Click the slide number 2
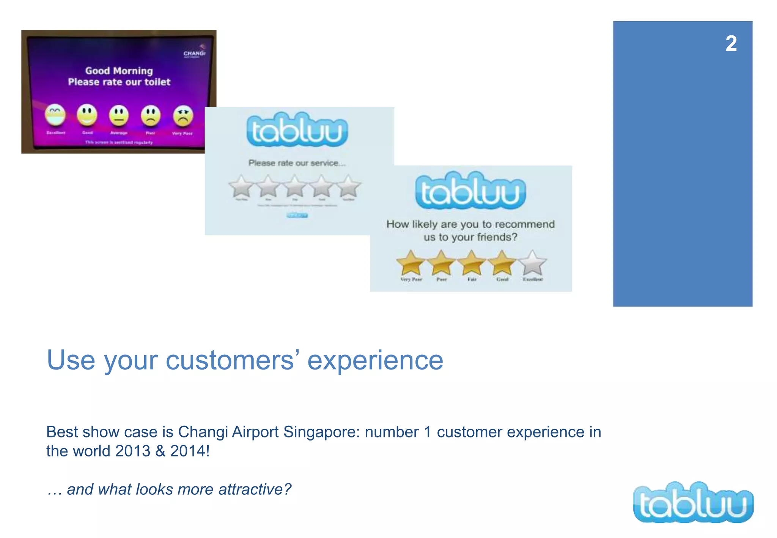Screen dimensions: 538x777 (x=731, y=44)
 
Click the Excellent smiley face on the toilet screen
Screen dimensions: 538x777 (x=55, y=115)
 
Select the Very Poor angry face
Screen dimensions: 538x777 (x=183, y=116)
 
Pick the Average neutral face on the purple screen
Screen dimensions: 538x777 (x=119, y=115)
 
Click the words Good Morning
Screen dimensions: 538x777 (x=119, y=71)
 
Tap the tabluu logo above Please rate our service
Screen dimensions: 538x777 (x=297, y=130)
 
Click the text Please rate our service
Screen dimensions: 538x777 (x=297, y=163)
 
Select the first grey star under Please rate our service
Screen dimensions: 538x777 (x=241, y=186)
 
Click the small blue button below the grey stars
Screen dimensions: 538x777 (x=297, y=216)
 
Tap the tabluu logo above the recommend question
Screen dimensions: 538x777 (x=470, y=190)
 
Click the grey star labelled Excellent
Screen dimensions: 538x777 (x=533, y=262)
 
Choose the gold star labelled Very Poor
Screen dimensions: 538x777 (x=411, y=262)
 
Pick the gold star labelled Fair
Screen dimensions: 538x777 (x=472, y=262)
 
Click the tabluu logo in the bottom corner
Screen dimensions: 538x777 (x=693, y=503)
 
